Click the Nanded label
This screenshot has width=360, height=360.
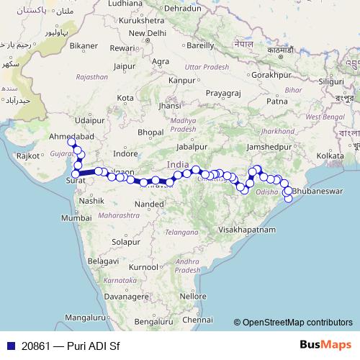click(x=149, y=204)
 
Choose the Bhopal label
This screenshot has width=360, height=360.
click(x=150, y=132)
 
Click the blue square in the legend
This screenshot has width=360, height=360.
click(x=10, y=345)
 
